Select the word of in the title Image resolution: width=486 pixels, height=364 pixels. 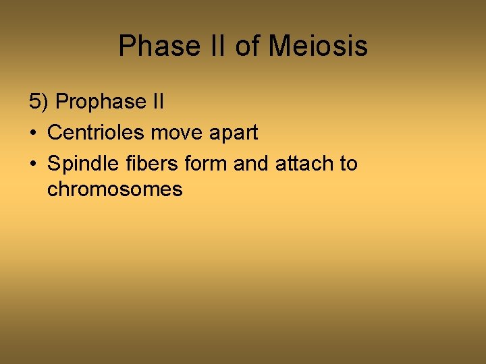pyautogui.click(x=247, y=47)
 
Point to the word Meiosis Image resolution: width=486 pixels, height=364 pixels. pyautogui.click(x=318, y=47)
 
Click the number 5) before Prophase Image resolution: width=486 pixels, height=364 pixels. pyautogui.click(x=39, y=102)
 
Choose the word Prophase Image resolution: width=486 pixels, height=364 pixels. pyautogui.click(x=101, y=102)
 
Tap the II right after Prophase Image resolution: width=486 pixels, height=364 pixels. pyautogui.click(x=157, y=102)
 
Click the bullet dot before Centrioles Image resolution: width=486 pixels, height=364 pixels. pyautogui.click(x=33, y=133)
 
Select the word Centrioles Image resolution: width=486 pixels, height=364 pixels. pyautogui.click(x=96, y=132)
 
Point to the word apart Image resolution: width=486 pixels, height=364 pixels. pyautogui.click(x=232, y=133)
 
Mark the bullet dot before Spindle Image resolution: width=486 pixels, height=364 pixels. pyautogui.click(x=33, y=164)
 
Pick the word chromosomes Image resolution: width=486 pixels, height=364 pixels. pyautogui.click(x=115, y=189)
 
